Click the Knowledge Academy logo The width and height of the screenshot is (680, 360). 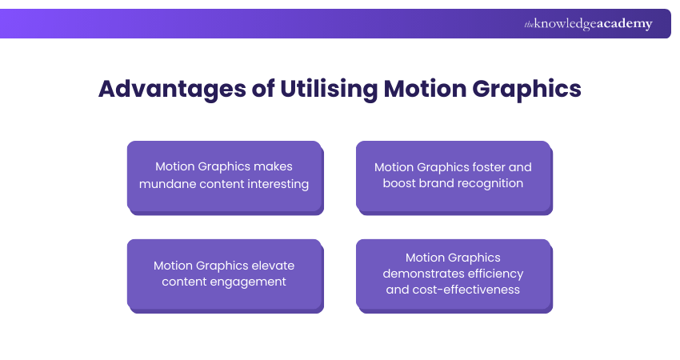pos(588,24)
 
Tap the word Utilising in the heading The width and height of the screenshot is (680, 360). pos(328,89)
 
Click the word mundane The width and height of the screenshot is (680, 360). pos(166,183)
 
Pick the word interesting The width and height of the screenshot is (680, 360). pos(276,183)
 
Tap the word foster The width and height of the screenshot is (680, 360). pos(484,167)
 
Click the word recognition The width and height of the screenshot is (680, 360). pos(488,183)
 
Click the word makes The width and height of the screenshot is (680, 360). pos(274,167)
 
